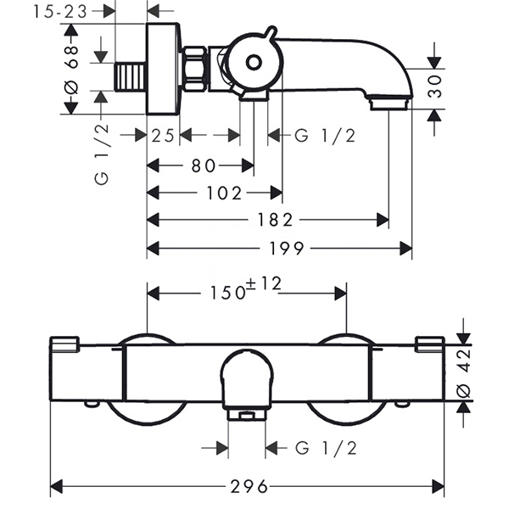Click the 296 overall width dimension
coord(249,487)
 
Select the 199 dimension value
coord(287,249)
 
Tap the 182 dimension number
coord(275,220)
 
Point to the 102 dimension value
coord(224,193)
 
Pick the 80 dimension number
coord(204,166)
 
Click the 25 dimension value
coord(163,136)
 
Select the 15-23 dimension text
coord(60,12)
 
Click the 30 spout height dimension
coord(434,87)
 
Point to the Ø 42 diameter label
coord(463,373)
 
